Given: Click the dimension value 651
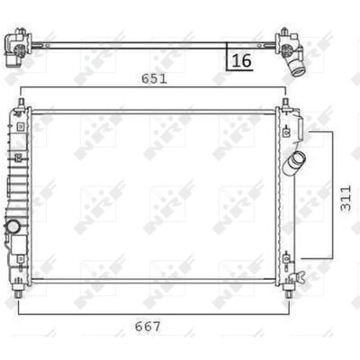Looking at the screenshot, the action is pyautogui.click(x=154, y=79).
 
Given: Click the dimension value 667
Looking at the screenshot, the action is pyautogui.click(x=148, y=326).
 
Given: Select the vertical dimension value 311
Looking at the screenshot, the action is pyautogui.click(x=346, y=198).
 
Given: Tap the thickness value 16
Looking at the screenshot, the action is pyautogui.click(x=241, y=60).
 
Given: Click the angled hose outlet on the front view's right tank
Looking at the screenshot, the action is pyautogui.click(x=294, y=163).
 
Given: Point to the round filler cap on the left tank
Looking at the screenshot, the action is pyautogui.click(x=13, y=226).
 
